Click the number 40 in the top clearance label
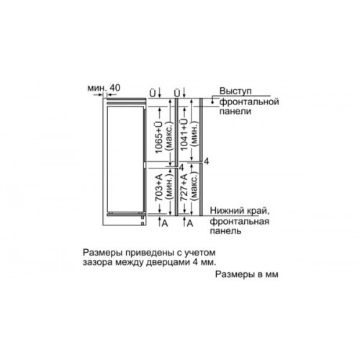point(114,88)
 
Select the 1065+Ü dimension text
point(159,137)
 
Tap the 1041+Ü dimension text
point(184,135)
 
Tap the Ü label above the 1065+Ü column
point(153,93)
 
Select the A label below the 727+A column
point(190,223)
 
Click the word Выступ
point(235,91)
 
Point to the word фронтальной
point(249,102)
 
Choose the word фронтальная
point(240,221)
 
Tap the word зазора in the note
point(97,263)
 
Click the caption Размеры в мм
point(247,274)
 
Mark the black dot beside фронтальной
point(212,102)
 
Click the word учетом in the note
point(200,253)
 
